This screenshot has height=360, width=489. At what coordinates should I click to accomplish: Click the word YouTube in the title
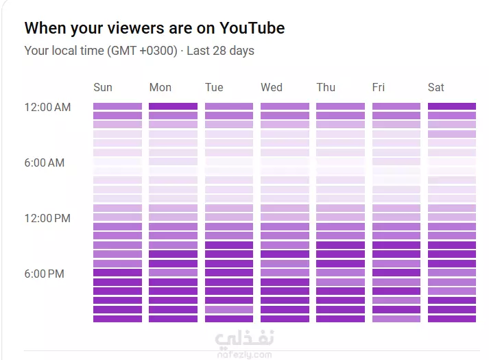[252, 28]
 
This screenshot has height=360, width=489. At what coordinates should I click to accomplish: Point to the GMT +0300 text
[145, 51]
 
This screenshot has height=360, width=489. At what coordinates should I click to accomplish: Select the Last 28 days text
[220, 51]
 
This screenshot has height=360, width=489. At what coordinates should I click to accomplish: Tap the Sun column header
[103, 87]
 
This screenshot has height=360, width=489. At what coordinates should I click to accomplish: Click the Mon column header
[160, 87]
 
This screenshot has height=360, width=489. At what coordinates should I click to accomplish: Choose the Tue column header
[214, 87]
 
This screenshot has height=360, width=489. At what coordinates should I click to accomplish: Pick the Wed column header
[271, 87]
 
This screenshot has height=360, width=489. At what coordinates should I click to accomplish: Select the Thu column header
[326, 87]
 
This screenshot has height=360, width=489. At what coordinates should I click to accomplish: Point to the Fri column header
[379, 87]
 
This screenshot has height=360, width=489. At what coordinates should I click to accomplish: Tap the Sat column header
[436, 87]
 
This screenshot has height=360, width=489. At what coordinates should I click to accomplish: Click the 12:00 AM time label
[47, 107]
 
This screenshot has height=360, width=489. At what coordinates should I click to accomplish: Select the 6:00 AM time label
[45, 163]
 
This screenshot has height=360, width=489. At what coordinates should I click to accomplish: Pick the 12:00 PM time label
[47, 218]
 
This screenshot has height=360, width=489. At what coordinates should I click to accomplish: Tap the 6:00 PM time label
[45, 274]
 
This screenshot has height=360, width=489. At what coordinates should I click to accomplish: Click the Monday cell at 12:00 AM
[173, 106]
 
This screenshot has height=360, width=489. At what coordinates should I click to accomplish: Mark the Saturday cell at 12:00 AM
[451, 106]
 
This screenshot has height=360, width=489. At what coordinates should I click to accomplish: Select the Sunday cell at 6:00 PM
[117, 273]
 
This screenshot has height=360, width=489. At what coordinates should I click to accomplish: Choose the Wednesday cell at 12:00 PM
[285, 217]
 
